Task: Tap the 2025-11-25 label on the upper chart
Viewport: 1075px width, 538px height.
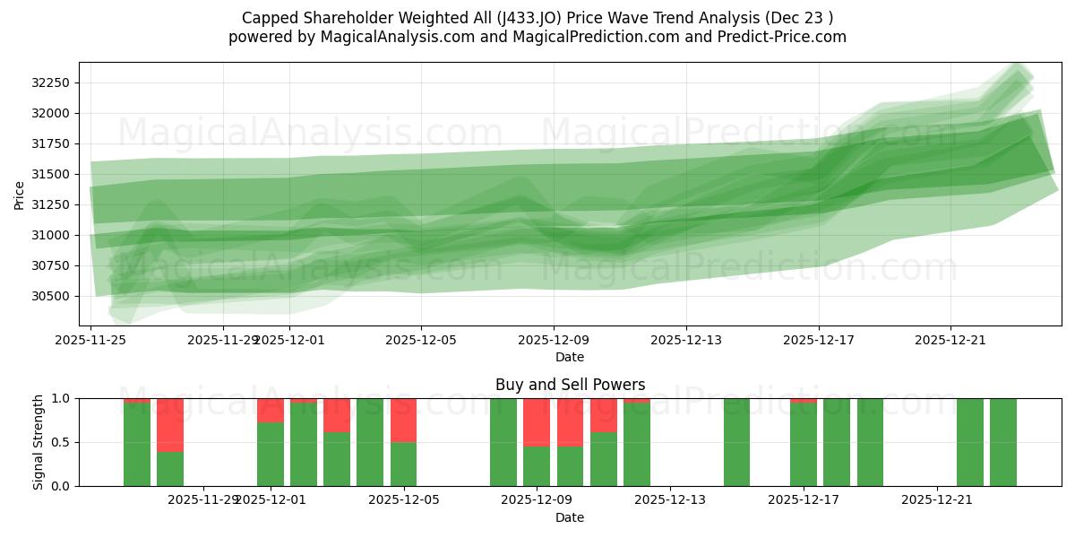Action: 90,341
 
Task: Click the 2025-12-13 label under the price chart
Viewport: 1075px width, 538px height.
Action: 686,341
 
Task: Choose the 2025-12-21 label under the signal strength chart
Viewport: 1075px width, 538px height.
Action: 936,500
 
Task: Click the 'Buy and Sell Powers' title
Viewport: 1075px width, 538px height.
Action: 570,385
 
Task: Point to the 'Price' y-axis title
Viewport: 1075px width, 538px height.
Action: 20,194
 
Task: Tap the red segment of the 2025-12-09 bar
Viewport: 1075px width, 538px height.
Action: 537,421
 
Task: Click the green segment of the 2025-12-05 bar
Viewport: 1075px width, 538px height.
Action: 403,464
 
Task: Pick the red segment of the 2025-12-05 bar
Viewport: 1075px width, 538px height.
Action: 403,420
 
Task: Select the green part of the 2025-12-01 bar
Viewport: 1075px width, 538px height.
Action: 270,454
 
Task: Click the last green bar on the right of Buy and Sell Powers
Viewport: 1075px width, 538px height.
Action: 1003,442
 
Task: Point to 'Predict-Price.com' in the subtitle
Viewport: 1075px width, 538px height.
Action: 785,37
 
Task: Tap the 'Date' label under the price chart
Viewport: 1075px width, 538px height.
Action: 570,357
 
